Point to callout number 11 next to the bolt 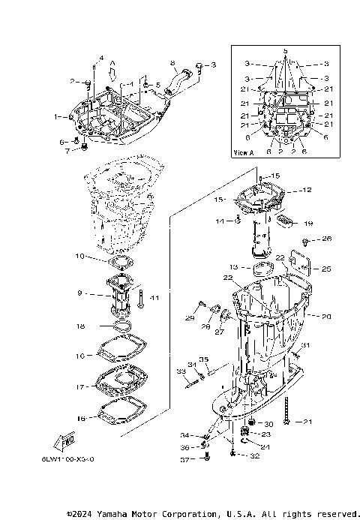click(155, 299)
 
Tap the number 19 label click(307, 223)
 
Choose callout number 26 click(326, 239)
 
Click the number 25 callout click(326, 268)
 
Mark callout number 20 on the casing click(326, 317)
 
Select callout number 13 click(234, 266)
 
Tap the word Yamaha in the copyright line click(111, 514)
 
